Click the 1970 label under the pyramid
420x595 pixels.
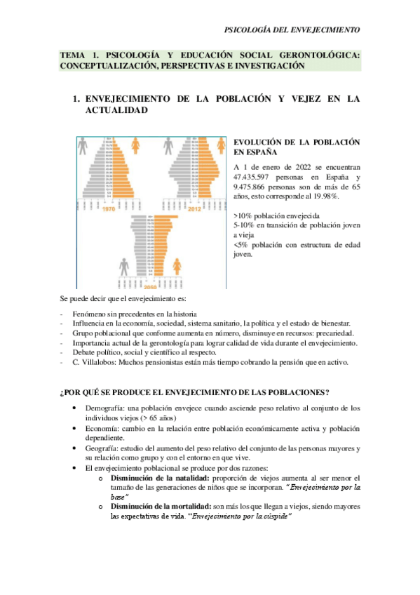[107, 208]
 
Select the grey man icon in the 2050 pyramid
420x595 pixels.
[124, 267]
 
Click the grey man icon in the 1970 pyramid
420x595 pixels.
[83, 145]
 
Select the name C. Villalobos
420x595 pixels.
[97, 362]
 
